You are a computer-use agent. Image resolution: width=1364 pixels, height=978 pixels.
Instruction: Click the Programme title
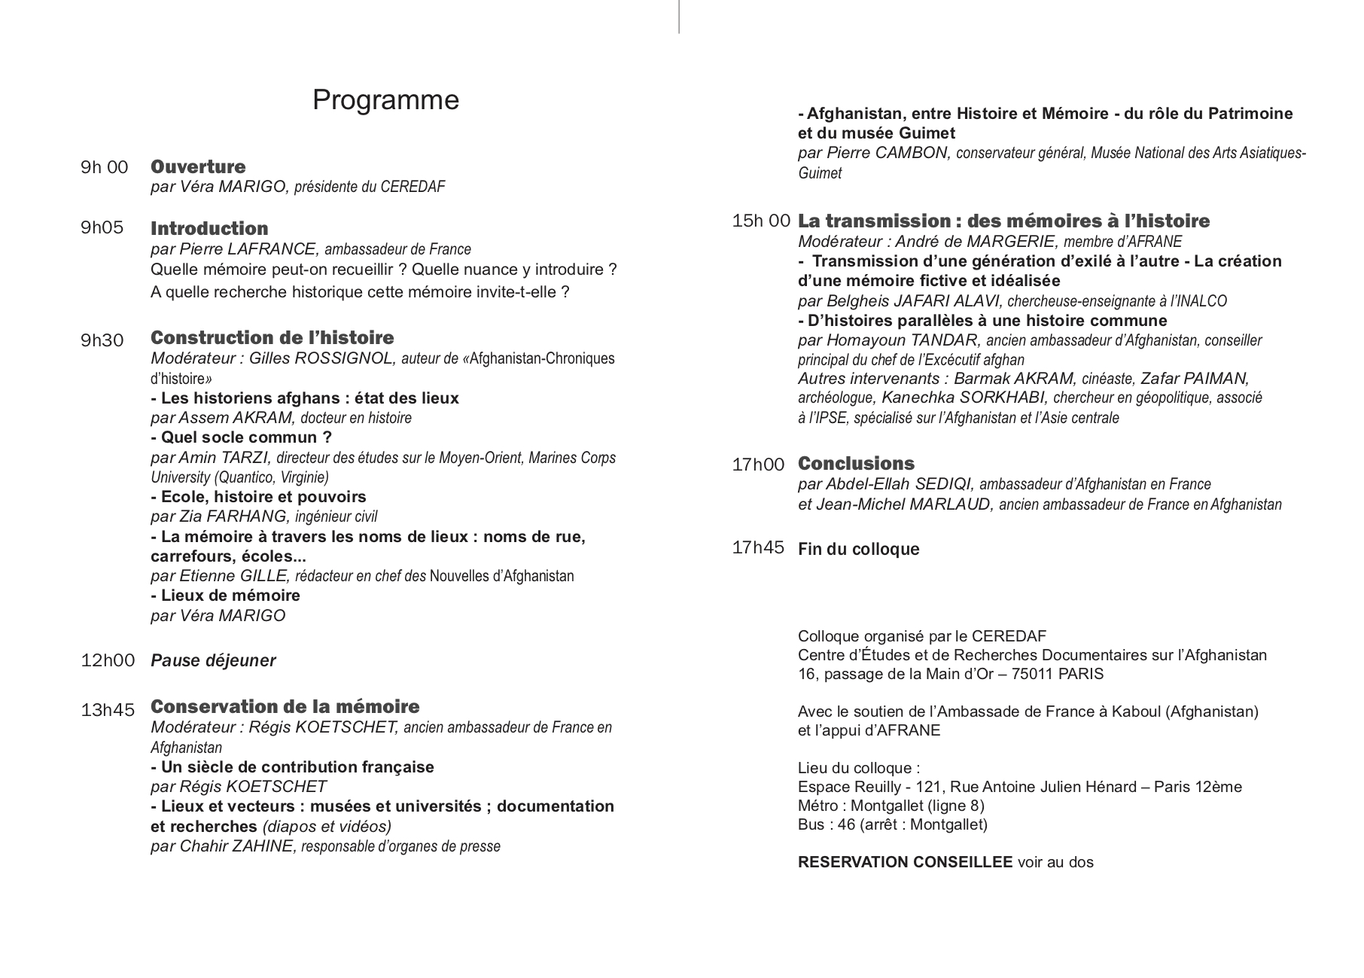pos(385,100)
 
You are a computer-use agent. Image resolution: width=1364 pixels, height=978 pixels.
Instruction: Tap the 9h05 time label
pos(102,227)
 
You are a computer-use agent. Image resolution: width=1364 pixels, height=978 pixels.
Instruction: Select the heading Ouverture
pos(198,166)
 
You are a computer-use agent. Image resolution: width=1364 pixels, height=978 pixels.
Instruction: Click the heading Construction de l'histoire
pos(272,337)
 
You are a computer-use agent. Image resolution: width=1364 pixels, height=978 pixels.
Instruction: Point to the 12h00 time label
pos(108,660)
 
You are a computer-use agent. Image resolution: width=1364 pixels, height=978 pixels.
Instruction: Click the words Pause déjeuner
pos(213,660)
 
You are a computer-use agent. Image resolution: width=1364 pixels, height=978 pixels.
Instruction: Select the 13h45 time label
pos(108,709)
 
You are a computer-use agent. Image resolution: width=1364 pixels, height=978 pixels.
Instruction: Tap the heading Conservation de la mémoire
pos(285,706)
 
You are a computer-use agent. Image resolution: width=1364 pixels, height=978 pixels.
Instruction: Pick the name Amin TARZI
pos(225,458)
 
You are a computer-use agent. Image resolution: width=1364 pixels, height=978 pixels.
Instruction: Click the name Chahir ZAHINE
pos(236,846)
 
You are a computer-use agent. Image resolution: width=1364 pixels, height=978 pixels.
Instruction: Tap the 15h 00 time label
pos(760,221)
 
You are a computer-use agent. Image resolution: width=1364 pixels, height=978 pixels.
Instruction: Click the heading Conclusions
pos(856,463)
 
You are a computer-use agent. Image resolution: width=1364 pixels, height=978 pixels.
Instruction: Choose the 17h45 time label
pos(758,547)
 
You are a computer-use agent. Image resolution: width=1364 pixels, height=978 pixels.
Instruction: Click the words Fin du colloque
pos(858,549)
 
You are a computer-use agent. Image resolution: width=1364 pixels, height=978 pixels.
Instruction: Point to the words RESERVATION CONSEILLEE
pos(905,862)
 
